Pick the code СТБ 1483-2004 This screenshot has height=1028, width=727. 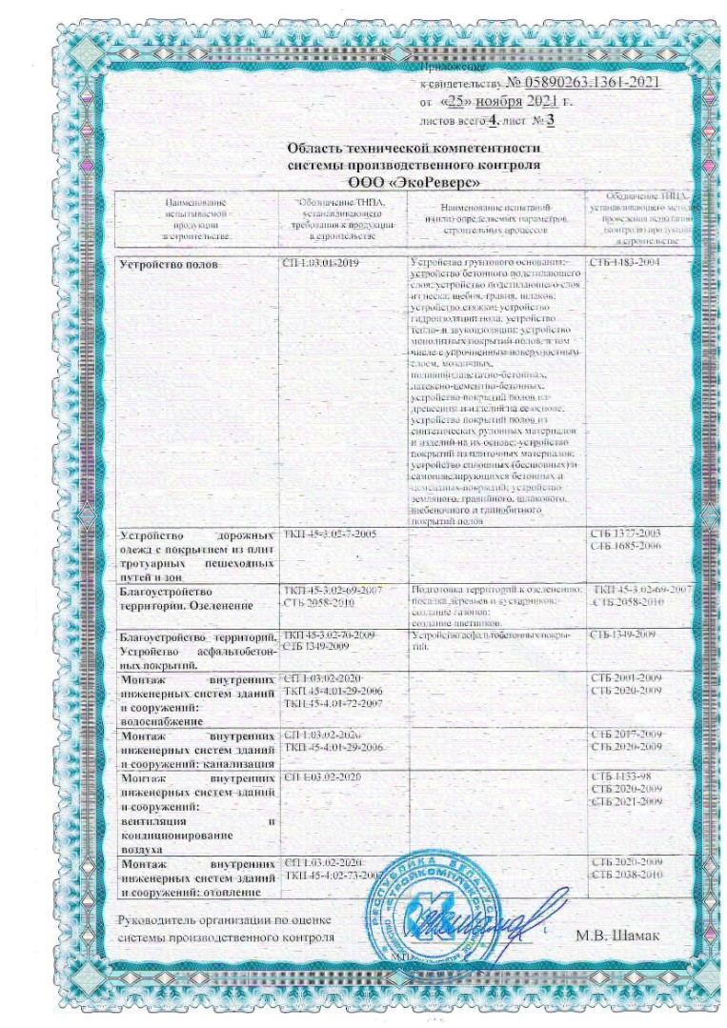point(625,261)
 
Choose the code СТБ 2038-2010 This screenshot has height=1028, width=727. point(626,874)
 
